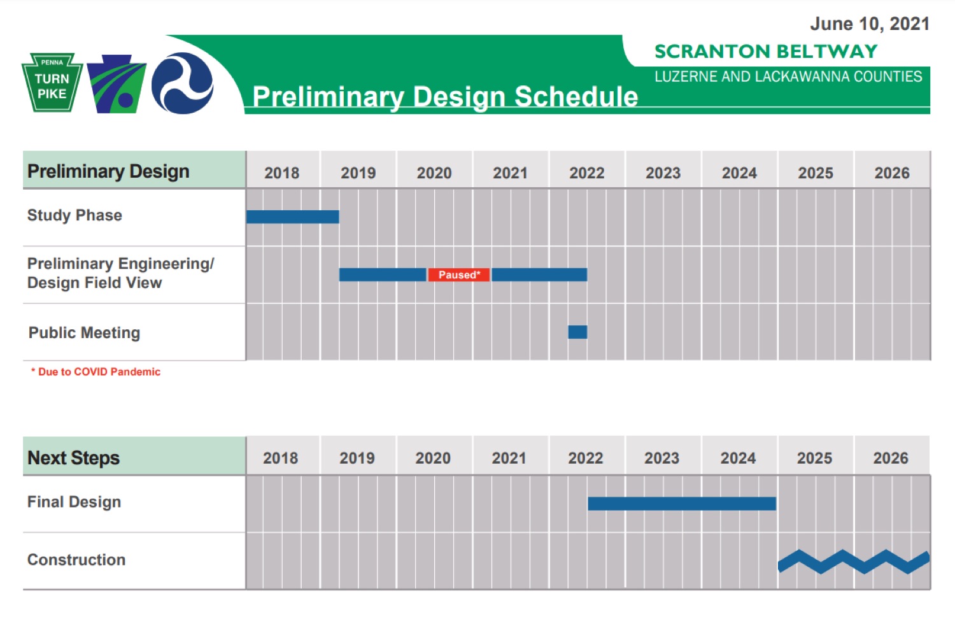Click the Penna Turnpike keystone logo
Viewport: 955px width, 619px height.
pos(52,82)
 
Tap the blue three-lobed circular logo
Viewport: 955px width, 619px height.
pos(183,83)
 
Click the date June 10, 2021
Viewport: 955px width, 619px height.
pos(870,24)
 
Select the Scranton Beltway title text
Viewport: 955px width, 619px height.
pos(766,52)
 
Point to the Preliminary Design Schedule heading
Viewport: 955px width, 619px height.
pos(445,97)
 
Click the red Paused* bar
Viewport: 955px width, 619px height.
pos(459,274)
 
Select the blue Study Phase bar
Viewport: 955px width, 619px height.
pos(293,217)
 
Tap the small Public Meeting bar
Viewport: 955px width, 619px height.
pos(577,332)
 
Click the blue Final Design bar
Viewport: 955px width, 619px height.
pos(682,504)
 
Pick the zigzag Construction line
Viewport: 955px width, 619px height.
pos(854,562)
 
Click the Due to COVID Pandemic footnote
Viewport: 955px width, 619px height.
pos(95,372)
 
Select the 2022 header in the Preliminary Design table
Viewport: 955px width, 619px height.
pos(586,173)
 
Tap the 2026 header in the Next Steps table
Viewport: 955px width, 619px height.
pos(891,459)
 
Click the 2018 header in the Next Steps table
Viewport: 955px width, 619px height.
pos(281,459)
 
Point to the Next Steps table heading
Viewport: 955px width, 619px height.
pos(73,458)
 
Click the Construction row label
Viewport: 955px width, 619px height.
pos(76,560)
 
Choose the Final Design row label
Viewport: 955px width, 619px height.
pos(74,502)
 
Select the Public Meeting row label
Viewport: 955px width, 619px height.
pos(85,333)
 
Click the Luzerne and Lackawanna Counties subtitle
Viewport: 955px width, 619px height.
pos(788,76)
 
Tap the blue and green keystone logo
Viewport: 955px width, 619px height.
pos(117,84)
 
